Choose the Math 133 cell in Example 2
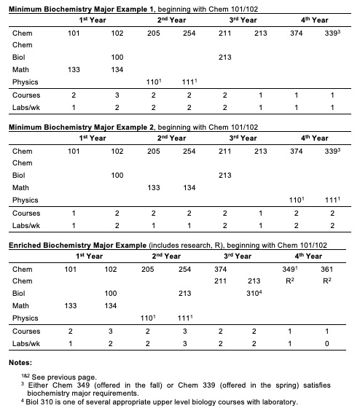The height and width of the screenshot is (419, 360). pos(154,187)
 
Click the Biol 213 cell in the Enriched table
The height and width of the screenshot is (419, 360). pos(184,294)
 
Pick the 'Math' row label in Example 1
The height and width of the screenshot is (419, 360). pos(21,68)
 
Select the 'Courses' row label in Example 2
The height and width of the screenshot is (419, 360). pos(26,213)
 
